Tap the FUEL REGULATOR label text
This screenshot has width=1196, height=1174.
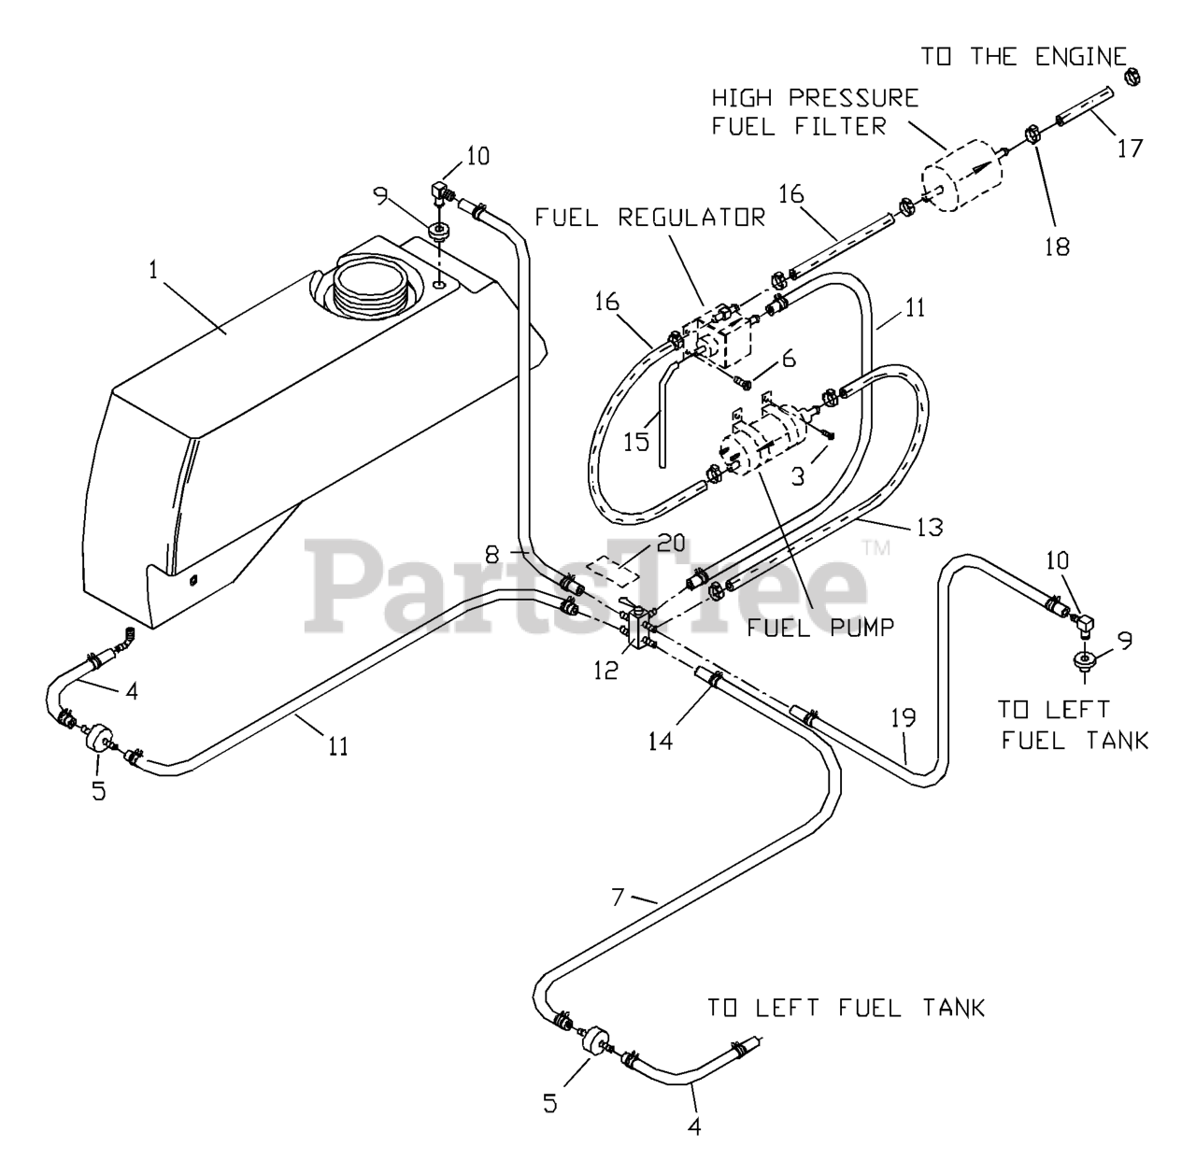point(650,218)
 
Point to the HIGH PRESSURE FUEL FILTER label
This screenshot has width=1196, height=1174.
point(815,111)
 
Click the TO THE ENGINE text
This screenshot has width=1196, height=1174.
point(1023,56)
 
